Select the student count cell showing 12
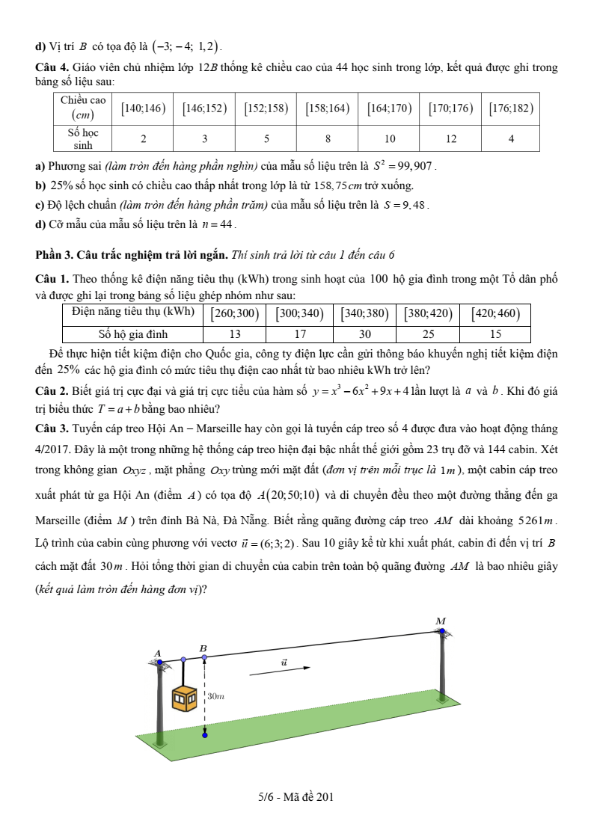(450, 138)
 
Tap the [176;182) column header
(511, 108)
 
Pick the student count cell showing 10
(389, 138)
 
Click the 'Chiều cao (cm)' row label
(83, 108)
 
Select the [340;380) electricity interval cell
(364, 313)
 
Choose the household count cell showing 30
(364, 334)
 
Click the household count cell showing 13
(235, 334)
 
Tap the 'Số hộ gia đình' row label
(133, 334)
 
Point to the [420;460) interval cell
(495, 313)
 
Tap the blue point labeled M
(442, 632)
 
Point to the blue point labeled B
(204, 657)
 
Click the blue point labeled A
(159, 663)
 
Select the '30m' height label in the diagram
(215, 696)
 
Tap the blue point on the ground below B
(204, 735)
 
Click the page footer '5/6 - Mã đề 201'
(296, 796)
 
